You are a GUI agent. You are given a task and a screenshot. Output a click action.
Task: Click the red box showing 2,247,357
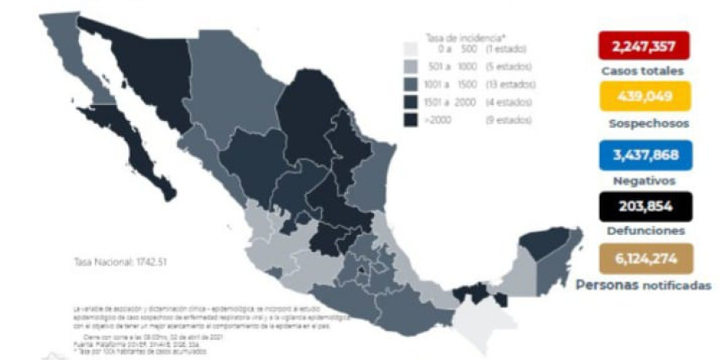tap(642, 46)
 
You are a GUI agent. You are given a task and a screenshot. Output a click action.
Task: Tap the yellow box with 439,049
tap(642, 96)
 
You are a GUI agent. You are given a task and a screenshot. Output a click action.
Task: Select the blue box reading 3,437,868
tap(642, 155)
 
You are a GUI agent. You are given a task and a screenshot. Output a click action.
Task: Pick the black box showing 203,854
tap(642, 206)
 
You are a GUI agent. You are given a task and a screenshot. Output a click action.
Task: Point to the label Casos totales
tap(642, 72)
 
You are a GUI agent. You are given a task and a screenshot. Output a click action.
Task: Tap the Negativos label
tap(642, 181)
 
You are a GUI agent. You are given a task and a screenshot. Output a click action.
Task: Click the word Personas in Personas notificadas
tap(607, 284)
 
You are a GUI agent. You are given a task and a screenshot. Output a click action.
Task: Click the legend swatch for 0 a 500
tap(411, 49)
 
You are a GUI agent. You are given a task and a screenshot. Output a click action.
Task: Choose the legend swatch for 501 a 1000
tap(411, 66)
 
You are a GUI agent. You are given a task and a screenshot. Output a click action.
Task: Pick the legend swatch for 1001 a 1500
tap(411, 84)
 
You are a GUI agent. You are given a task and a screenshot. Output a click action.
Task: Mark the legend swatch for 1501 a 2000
tap(411, 102)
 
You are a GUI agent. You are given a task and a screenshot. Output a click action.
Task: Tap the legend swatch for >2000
tap(411, 119)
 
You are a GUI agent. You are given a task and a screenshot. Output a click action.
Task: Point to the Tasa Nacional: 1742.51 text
tap(120, 261)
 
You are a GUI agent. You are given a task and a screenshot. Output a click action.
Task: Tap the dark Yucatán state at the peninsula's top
tap(539, 246)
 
